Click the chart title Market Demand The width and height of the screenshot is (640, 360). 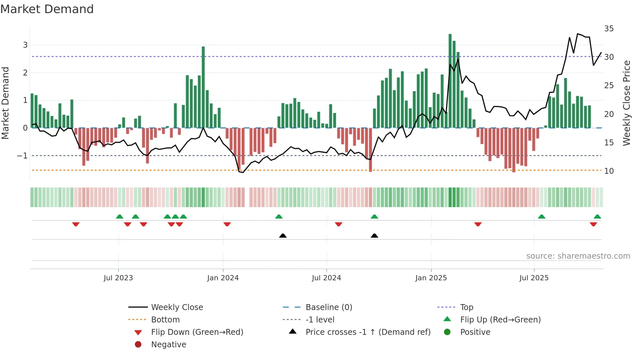tap(47, 9)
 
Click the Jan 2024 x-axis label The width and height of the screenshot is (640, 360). tap(223, 278)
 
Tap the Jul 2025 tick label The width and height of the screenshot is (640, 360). tap(534, 278)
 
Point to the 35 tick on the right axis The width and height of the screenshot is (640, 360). tap(609, 29)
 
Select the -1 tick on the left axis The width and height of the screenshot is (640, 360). tap(23, 156)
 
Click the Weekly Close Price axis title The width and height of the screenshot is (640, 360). tap(626, 103)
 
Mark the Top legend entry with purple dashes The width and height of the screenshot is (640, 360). tap(466, 307)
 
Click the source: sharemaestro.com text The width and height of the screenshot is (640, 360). tap(578, 256)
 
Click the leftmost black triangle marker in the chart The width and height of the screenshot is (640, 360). tap(283, 236)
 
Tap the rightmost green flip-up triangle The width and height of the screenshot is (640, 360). tap(597, 217)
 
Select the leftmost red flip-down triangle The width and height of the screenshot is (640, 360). tap(76, 224)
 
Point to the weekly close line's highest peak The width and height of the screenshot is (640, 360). tap(578, 34)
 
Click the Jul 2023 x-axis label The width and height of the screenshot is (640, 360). tap(118, 278)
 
